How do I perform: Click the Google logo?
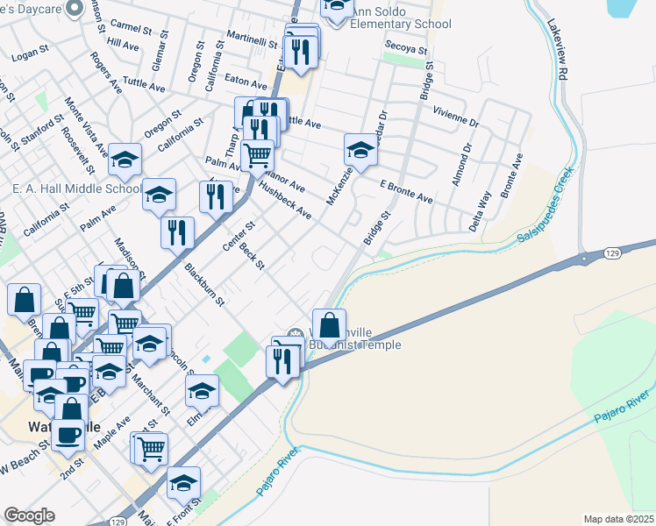[x=29, y=515]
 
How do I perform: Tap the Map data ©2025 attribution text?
[x=619, y=518]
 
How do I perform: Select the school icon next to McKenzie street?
[x=360, y=151]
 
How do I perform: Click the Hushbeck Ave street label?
[x=286, y=201]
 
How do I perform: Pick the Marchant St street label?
[x=152, y=397]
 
